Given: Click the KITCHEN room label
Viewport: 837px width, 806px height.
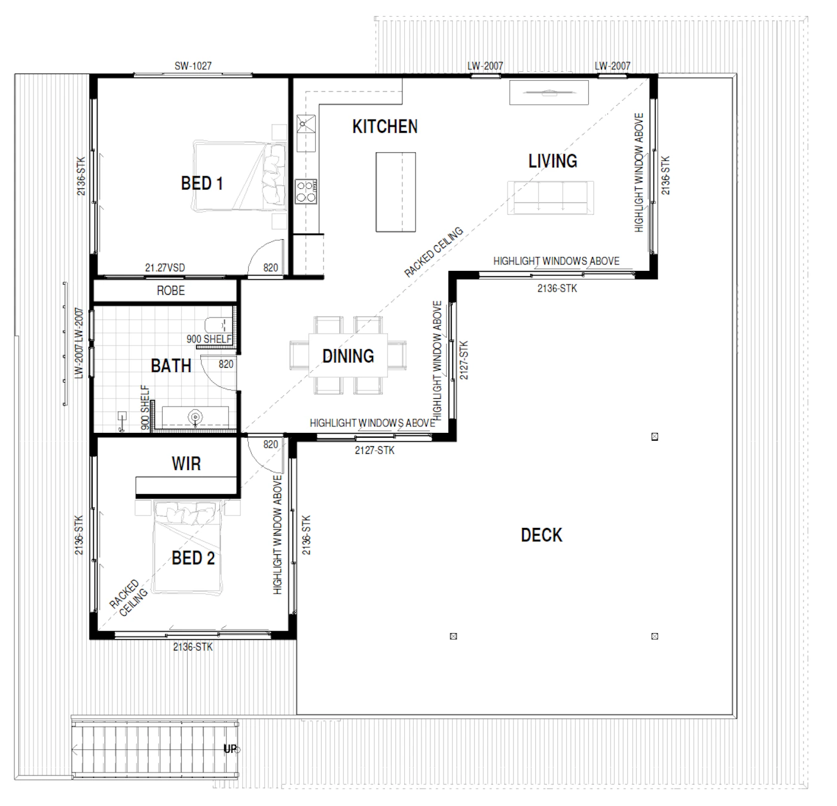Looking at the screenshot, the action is tap(385, 126).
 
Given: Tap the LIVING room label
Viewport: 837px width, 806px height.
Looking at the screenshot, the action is tap(552, 161).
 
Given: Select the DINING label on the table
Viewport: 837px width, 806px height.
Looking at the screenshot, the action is tap(348, 356).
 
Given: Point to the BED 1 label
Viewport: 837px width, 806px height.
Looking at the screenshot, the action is tap(201, 183).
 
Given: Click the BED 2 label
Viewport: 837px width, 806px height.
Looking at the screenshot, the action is tap(193, 558).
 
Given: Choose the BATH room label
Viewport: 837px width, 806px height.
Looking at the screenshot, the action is tap(171, 366).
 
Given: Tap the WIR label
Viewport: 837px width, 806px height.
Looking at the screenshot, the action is tap(187, 463).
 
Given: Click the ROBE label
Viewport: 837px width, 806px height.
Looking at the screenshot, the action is tap(171, 291).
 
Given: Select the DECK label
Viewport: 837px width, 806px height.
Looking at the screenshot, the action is tap(542, 535).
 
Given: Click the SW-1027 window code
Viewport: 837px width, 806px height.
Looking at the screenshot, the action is tap(193, 66).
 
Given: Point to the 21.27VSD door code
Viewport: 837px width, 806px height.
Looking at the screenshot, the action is tap(165, 267).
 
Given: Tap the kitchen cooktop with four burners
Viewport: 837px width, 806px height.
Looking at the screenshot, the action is tap(306, 191).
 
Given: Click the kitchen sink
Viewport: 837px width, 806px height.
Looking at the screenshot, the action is tap(306, 133).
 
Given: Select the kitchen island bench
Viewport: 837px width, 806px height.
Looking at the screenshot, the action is tap(396, 193).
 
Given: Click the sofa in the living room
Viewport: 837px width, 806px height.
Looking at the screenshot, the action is tap(551, 198).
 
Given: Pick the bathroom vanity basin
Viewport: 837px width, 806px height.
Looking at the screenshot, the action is tap(195, 416).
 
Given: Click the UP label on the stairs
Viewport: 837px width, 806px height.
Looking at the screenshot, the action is tap(230, 749).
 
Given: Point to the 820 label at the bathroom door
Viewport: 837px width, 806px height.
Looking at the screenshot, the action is tap(226, 364).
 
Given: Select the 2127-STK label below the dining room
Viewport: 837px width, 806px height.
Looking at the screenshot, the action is tap(375, 450).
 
